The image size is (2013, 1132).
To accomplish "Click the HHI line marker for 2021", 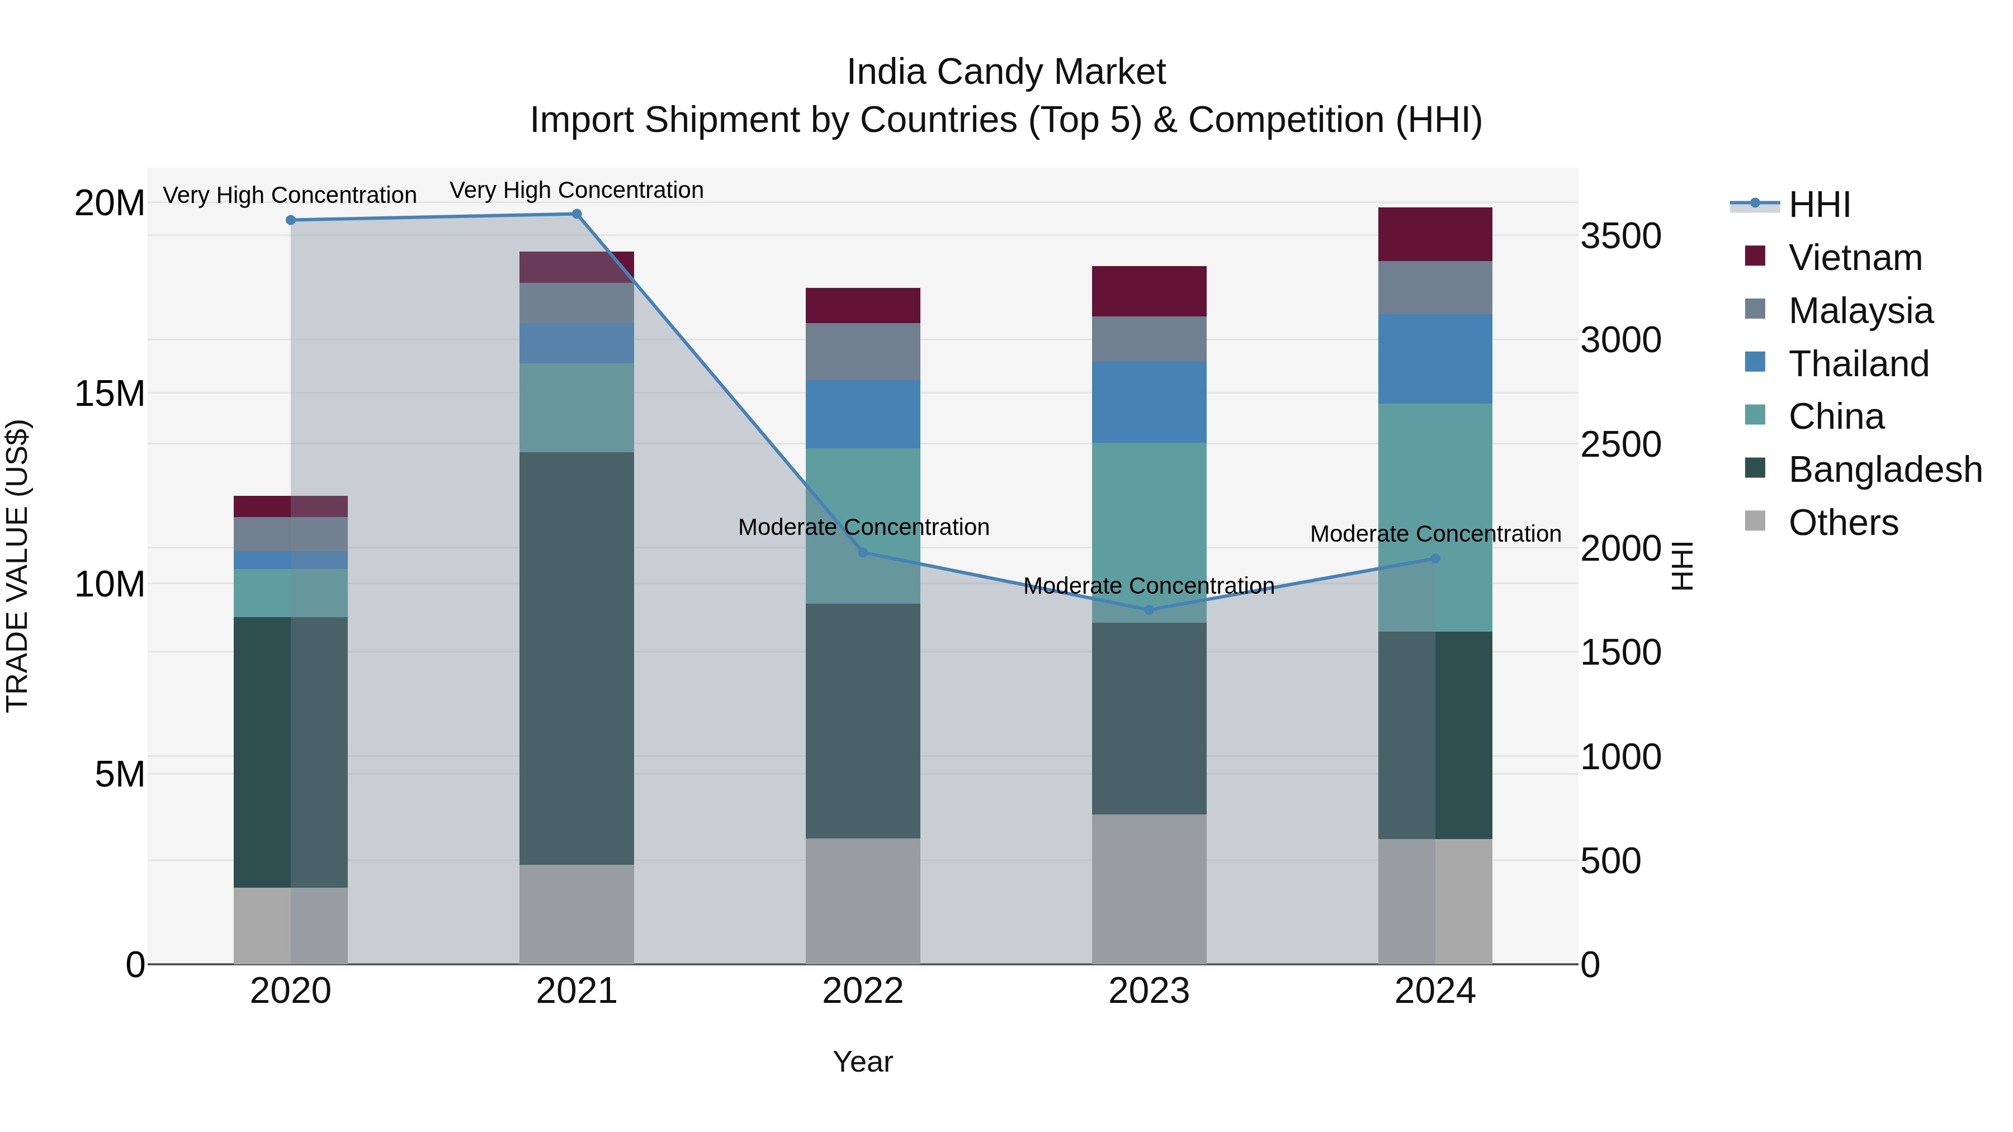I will click(x=577, y=214).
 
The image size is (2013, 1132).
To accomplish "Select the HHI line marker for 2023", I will click(x=1149, y=610).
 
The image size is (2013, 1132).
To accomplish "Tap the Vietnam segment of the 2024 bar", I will click(x=1435, y=234).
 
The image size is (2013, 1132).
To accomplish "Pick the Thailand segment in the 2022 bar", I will click(x=863, y=414).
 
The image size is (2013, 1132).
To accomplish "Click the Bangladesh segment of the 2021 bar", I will click(x=577, y=658).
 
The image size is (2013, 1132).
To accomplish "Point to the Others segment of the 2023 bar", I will click(x=1149, y=889).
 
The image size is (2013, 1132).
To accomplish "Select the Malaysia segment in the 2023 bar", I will click(x=1149, y=339).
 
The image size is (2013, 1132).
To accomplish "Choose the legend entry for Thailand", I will click(x=1858, y=364).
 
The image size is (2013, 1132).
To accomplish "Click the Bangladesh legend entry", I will click(x=1885, y=470).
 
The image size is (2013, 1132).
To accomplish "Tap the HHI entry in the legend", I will click(x=1819, y=205).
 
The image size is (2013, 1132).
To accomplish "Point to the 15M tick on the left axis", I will click(x=110, y=393).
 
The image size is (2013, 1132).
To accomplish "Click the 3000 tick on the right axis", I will click(x=1620, y=340).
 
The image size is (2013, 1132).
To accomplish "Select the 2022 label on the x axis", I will click(x=863, y=991).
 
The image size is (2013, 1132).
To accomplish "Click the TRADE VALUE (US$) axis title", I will click(x=17, y=566).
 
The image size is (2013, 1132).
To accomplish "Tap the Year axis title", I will click(x=863, y=1062).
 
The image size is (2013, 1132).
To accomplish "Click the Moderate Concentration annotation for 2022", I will click(x=863, y=527).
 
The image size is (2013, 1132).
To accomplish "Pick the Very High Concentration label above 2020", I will click(x=289, y=195).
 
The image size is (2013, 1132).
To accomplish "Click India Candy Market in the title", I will click(x=1006, y=72).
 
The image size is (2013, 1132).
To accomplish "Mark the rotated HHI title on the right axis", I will click(x=1681, y=566).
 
